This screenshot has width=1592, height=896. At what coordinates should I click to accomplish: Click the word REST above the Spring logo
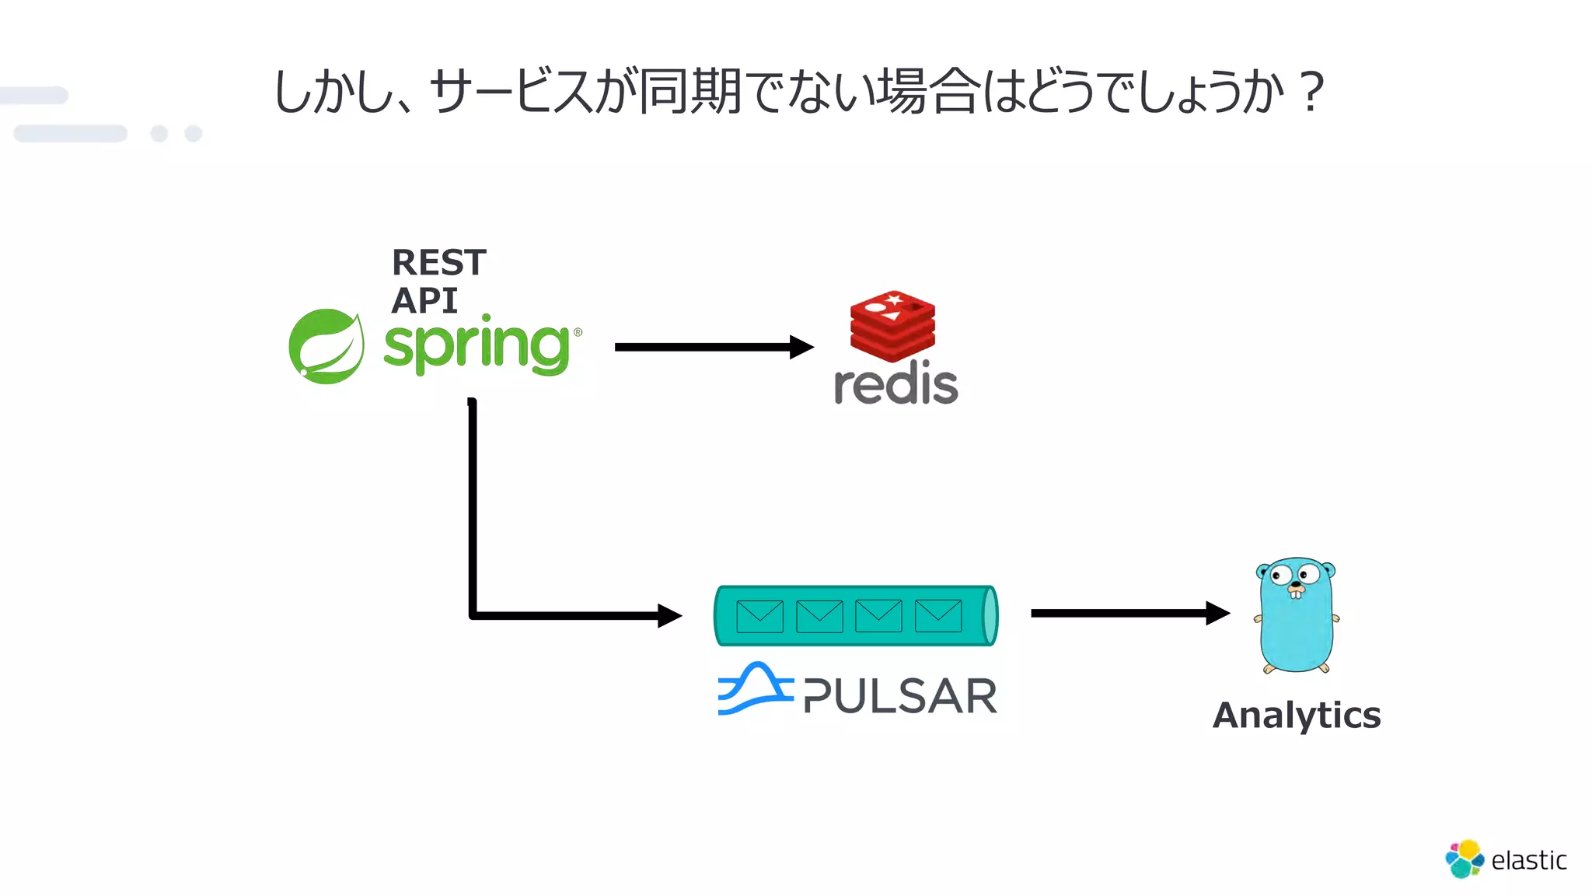438,263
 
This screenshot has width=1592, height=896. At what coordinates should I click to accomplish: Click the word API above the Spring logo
424,300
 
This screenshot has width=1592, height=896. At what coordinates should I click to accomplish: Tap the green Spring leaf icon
326,346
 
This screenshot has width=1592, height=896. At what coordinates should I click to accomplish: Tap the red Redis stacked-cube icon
892,326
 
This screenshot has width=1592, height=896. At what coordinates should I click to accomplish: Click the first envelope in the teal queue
759,616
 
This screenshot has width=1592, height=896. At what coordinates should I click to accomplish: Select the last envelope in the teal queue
938,616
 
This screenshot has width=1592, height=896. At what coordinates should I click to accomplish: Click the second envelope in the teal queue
819,616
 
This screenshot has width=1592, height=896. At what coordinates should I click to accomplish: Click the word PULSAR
900,696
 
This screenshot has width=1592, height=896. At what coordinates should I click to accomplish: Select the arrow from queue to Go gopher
1127,613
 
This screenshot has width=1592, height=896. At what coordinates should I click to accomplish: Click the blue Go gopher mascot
1296,614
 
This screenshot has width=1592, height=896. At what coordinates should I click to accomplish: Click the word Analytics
1297,715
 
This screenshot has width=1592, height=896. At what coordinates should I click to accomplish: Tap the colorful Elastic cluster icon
1464,859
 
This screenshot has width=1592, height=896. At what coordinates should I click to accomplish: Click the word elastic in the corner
1528,860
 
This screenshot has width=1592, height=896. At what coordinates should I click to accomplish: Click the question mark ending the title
1312,92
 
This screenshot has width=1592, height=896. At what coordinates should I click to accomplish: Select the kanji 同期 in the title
690,92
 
